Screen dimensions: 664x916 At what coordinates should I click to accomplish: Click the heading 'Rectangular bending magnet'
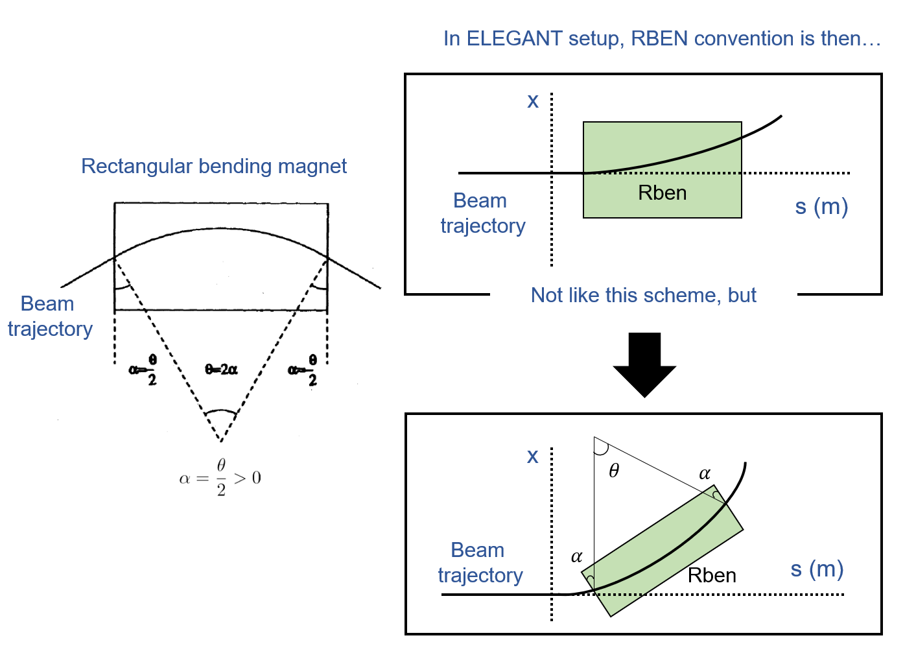pos(214,166)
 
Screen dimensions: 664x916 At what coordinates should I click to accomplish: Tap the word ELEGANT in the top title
pos(514,39)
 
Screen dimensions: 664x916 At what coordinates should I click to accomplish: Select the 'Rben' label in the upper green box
pos(662,193)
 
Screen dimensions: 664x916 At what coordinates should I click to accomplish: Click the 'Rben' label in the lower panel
pos(712,575)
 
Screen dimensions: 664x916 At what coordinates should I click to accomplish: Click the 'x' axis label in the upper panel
pos(533,101)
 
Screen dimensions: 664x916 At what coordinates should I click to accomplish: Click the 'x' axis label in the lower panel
pos(533,456)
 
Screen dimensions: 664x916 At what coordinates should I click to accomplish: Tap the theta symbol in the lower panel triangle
pos(614,471)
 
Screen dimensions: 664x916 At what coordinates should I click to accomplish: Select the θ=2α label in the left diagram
pos(221,370)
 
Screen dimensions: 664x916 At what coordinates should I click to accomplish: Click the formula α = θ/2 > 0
pos(220,478)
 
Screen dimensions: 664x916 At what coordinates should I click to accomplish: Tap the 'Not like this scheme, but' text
pos(643,295)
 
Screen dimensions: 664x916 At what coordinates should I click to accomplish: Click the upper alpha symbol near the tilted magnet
pos(705,474)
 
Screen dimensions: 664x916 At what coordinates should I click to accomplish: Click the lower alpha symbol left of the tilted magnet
pos(576,556)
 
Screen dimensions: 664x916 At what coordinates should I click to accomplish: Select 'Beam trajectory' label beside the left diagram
pos(49,316)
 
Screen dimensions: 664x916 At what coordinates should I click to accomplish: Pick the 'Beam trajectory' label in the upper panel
pos(482,213)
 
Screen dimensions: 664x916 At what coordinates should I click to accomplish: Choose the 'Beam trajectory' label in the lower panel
pos(480,562)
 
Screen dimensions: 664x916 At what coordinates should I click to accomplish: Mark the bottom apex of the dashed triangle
pos(221,442)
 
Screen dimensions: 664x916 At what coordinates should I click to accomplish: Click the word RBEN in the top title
pos(659,39)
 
